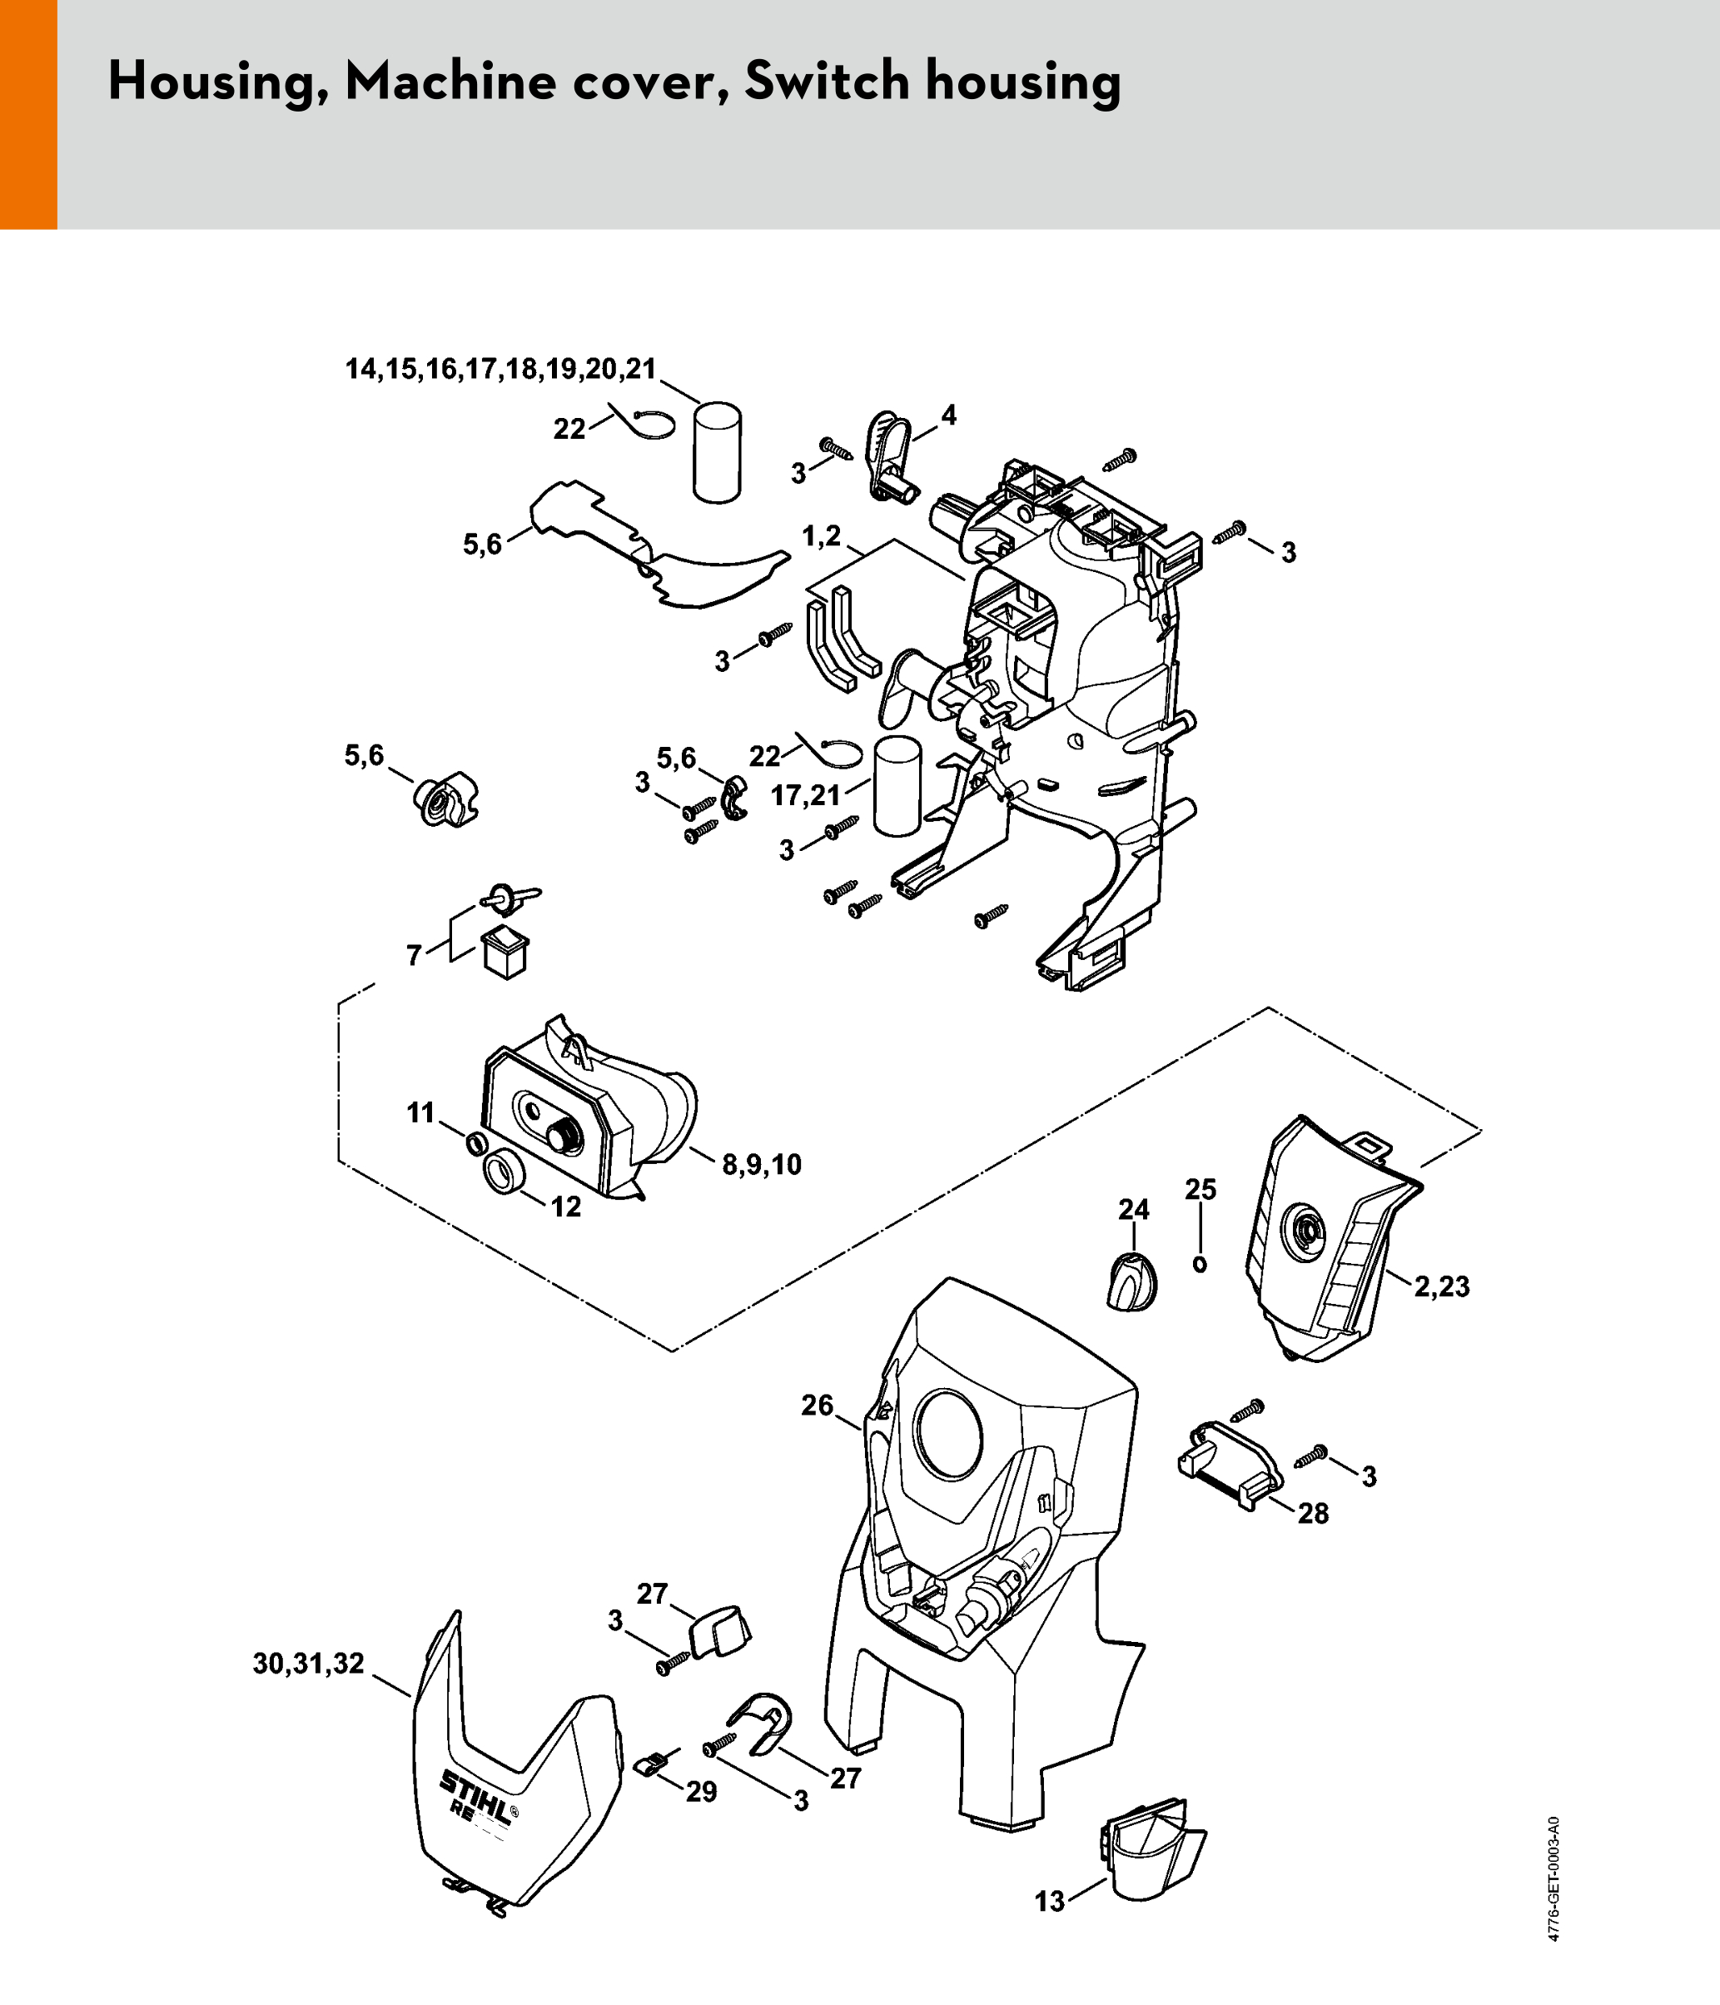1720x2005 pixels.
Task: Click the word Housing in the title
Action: pyautogui.click(x=217, y=82)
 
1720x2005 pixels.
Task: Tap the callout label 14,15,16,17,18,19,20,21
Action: pyautogui.click(x=501, y=369)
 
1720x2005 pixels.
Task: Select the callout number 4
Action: pyautogui.click(x=949, y=415)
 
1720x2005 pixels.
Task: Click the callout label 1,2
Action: pyautogui.click(x=822, y=536)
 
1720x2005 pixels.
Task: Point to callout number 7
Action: pyautogui.click(x=414, y=956)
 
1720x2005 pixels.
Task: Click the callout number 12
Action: pyautogui.click(x=566, y=1206)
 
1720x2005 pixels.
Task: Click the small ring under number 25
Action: pyautogui.click(x=1201, y=1264)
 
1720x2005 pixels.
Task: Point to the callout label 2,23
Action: pyautogui.click(x=1441, y=1287)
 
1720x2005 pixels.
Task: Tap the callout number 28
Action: pyautogui.click(x=1313, y=1514)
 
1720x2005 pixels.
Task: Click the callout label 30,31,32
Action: pyautogui.click(x=309, y=1664)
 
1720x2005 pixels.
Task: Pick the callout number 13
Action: pyautogui.click(x=1050, y=1902)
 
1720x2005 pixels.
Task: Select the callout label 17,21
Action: pyautogui.click(x=806, y=795)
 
